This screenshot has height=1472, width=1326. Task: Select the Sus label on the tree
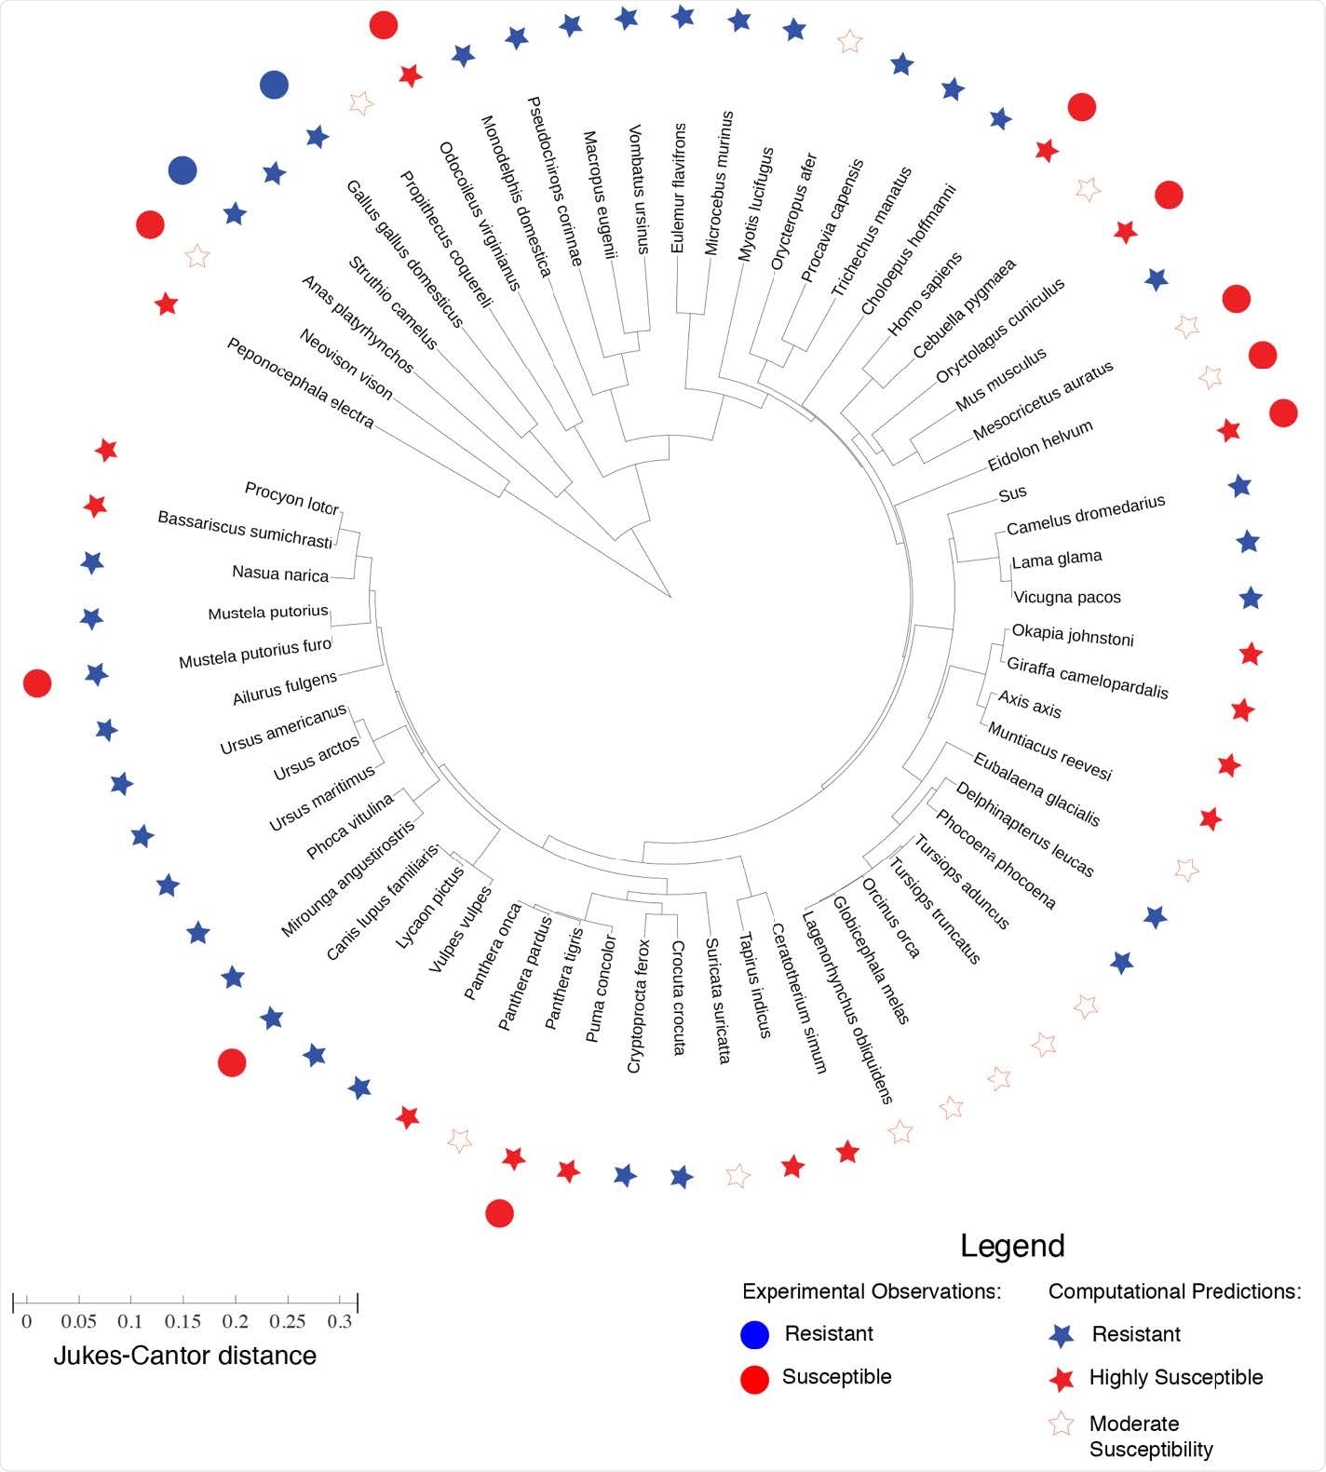click(x=1012, y=493)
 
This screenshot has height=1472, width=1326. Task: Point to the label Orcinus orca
click(x=891, y=918)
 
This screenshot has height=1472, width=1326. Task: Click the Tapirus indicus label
click(x=755, y=985)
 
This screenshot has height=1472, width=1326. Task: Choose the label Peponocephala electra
click(x=300, y=383)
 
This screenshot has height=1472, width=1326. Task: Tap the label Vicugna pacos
click(x=1067, y=597)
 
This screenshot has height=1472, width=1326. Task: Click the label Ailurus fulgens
click(x=284, y=687)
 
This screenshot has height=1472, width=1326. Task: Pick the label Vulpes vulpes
click(x=460, y=929)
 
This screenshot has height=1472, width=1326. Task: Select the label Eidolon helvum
click(x=1040, y=445)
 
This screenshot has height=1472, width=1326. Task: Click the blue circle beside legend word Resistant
click(x=754, y=1334)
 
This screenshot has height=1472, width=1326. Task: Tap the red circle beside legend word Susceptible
click(x=754, y=1379)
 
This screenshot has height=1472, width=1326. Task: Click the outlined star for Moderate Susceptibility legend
click(x=1062, y=1425)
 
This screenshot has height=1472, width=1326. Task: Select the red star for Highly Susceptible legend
click(x=1062, y=1379)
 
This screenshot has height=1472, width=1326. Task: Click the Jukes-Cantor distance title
click(x=184, y=1356)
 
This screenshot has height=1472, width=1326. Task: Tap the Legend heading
click(x=1012, y=1246)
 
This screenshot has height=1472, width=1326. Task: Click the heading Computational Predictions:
click(x=1174, y=1291)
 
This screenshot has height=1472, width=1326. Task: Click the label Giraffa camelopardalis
click(x=1087, y=677)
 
